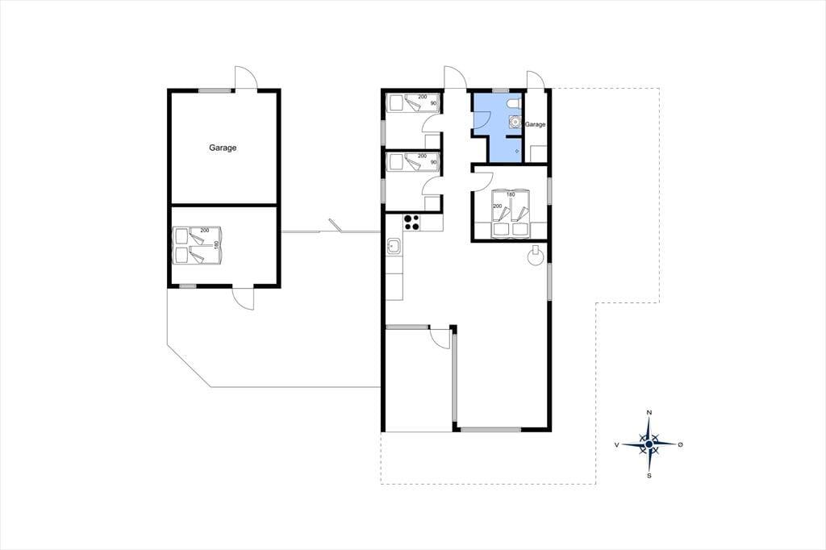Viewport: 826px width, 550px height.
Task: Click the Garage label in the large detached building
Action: click(x=223, y=148)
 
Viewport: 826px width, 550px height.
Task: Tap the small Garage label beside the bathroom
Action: click(x=536, y=125)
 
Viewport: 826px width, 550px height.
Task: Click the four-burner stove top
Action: click(x=411, y=223)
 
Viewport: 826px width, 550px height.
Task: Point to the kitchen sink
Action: click(x=394, y=246)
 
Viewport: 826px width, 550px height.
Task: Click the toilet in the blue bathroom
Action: click(x=515, y=104)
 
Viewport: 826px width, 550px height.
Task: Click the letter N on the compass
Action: click(x=649, y=413)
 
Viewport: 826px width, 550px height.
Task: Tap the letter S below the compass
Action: click(x=649, y=476)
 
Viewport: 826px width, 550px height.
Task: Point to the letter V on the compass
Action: click(x=616, y=445)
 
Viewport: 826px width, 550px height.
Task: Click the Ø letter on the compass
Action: click(x=681, y=445)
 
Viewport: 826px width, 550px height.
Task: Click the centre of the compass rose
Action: click(x=649, y=444)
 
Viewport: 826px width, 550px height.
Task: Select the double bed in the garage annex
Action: click(x=197, y=245)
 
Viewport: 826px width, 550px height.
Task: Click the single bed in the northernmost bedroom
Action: click(x=413, y=103)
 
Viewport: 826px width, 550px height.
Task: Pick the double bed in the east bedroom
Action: click(x=510, y=212)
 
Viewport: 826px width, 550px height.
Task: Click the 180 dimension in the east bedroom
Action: click(x=510, y=195)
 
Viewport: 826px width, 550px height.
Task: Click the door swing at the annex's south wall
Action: click(x=243, y=298)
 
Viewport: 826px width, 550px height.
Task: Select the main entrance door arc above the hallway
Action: click(x=455, y=77)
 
